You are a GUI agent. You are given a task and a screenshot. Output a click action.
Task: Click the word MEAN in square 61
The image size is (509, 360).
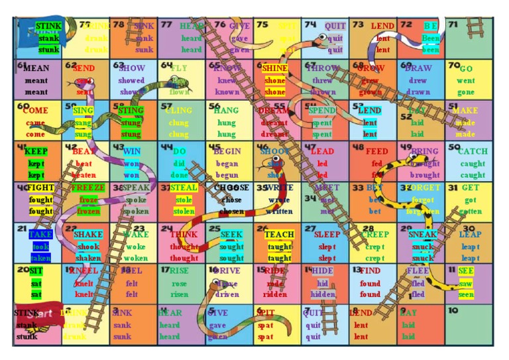click(36, 68)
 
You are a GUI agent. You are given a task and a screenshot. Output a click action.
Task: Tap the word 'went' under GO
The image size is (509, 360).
click(466, 81)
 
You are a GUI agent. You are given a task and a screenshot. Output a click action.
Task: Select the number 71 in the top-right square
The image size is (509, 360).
click(453, 25)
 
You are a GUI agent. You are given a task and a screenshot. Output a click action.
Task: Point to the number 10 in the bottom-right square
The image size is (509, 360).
click(453, 310)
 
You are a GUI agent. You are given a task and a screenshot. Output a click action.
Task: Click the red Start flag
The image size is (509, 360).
click(41, 314)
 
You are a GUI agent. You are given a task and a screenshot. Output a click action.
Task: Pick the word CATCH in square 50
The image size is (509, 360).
click(472, 151)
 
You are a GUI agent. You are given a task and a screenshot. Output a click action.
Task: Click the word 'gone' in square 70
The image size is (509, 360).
click(466, 93)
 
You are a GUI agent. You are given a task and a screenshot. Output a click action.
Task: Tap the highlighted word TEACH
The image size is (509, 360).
click(279, 235)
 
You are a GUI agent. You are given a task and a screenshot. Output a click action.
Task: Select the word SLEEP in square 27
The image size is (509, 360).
click(327, 235)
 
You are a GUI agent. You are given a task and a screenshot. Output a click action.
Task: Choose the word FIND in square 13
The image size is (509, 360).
click(370, 271)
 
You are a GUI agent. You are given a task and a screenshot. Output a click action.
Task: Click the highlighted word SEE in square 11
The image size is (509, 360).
click(466, 271)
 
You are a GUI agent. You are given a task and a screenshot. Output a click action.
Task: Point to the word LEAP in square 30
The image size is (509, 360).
click(470, 235)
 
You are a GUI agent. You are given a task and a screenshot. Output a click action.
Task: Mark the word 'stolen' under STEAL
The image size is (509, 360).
click(184, 212)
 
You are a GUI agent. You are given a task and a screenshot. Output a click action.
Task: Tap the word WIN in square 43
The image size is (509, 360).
click(132, 151)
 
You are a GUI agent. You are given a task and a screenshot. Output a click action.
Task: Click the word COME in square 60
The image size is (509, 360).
click(35, 110)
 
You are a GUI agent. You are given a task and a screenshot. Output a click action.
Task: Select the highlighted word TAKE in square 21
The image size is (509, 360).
click(40, 235)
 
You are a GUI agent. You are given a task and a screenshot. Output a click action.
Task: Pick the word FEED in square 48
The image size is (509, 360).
click(377, 151)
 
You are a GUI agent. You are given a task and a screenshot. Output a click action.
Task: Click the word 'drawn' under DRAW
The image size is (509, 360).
click(418, 93)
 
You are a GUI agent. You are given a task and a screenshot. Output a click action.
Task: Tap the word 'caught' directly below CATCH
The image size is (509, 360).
click(472, 164)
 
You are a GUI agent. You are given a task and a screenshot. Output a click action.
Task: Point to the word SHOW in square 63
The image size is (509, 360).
click(132, 68)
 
